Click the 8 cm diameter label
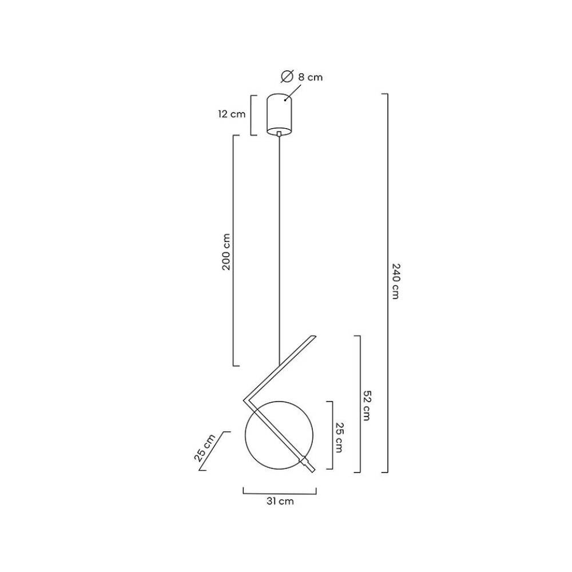coord(310,77)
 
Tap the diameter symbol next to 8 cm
coord(287,76)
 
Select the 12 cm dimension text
coord(232,114)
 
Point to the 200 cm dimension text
coord(226,252)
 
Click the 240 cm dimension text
coord(396,281)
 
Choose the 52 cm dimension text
coord(367,406)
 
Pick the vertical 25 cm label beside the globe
coord(339,438)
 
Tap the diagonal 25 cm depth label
coord(205,448)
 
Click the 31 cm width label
coord(280,501)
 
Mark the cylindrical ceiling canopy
coord(279,114)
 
